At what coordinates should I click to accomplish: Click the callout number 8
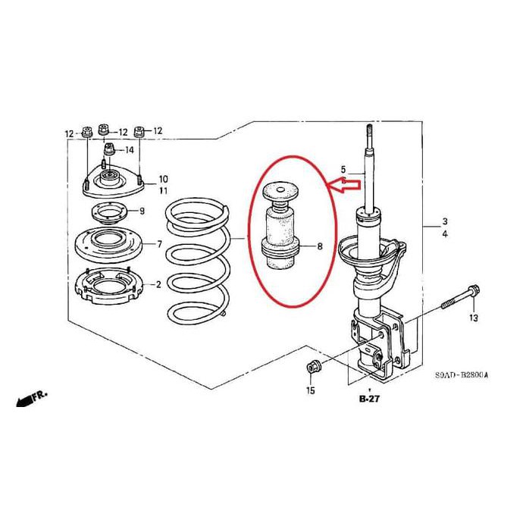pos(319,246)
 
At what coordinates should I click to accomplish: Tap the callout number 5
pos(343,169)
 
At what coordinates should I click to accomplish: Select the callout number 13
pos(473,318)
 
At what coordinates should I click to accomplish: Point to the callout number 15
pos(309,390)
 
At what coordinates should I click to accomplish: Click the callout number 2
pos(158,285)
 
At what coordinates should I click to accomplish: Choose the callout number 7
pos(159,244)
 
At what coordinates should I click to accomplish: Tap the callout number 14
pos(130,150)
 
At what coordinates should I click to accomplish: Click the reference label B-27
pos(369,399)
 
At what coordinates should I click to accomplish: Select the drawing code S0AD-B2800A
pos(462,374)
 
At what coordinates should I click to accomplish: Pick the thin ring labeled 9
pos(111,211)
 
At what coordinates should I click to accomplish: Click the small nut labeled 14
pos(109,149)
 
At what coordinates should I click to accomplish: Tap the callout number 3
pos(445,223)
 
